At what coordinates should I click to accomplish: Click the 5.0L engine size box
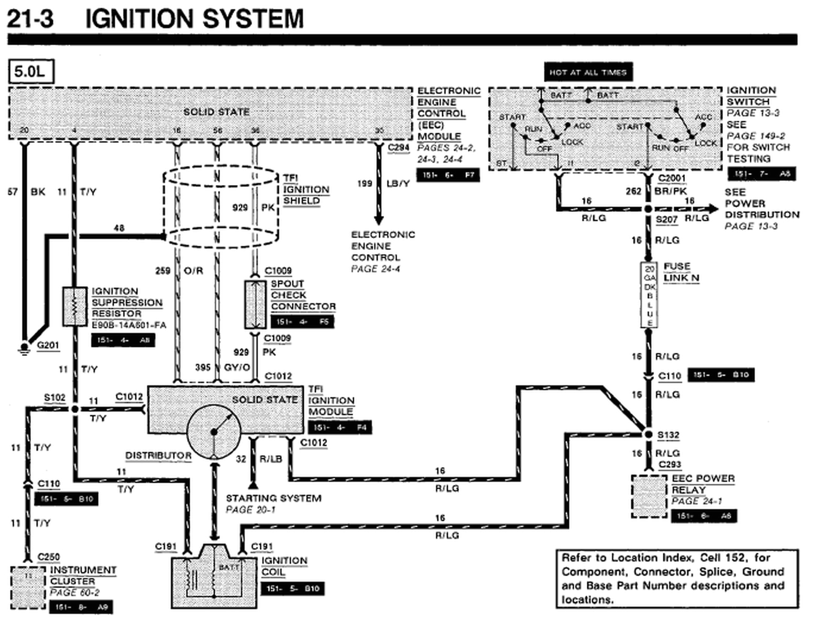pyautogui.click(x=31, y=72)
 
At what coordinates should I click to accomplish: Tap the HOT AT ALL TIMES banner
pyautogui.click(x=588, y=72)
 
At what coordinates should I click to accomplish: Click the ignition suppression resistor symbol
pyautogui.click(x=74, y=306)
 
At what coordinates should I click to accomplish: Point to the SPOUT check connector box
pyautogui.click(x=255, y=305)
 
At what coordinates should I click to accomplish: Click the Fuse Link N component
pyautogui.click(x=649, y=295)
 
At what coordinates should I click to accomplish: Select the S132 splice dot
pyautogui.click(x=648, y=435)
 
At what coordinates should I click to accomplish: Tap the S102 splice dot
pyautogui.click(x=74, y=409)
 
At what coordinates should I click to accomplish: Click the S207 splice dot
pyautogui.click(x=648, y=209)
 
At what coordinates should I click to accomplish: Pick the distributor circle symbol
pyautogui.click(x=214, y=431)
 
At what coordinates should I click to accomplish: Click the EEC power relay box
pyautogui.click(x=649, y=495)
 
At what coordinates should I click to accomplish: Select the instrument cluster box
pyautogui.click(x=28, y=587)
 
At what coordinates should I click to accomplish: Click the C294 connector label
pyautogui.click(x=398, y=148)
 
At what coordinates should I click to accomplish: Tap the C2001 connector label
pyautogui.click(x=672, y=178)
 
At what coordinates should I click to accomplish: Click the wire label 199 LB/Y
pyautogui.click(x=384, y=183)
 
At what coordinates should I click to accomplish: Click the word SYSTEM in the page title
pyautogui.click(x=253, y=19)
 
